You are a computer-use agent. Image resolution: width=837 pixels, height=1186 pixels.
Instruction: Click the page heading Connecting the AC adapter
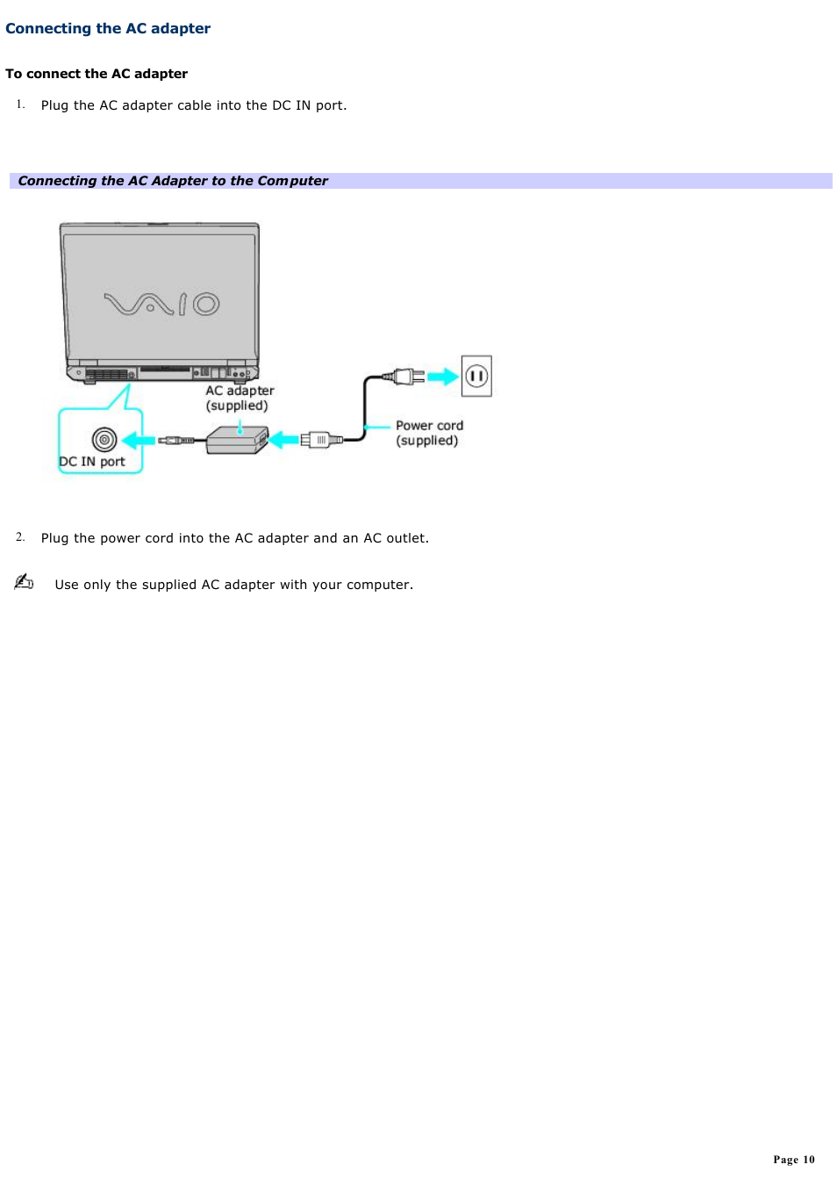[x=108, y=28]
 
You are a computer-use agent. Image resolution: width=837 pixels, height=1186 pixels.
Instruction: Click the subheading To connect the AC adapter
[x=97, y=74]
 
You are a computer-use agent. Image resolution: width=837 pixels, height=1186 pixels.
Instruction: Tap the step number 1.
[x=20, y=104]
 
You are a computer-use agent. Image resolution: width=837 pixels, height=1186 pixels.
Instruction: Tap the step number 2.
[x=20, y=536]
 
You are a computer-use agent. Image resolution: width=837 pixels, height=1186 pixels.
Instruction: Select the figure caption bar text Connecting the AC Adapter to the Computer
[x=173, y=181]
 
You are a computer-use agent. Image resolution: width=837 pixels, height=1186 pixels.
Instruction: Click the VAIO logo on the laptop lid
[x=161, y=304]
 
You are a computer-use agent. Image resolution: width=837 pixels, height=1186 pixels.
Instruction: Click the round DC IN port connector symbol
[x=104, y=439]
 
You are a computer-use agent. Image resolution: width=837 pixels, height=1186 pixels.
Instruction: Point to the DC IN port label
[x=92, y=462]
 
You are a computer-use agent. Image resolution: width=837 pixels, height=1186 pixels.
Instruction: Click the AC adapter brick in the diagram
[x=237, y=439]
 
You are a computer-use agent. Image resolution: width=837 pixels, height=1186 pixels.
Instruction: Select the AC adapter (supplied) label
[x=240, y=398]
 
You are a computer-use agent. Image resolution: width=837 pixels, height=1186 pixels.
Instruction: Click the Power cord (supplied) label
[x=429, y=433]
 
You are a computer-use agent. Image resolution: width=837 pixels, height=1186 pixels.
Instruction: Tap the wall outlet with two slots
[x=476, y=376]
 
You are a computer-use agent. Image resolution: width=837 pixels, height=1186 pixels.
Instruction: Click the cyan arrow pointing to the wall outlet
[x=443, y=377]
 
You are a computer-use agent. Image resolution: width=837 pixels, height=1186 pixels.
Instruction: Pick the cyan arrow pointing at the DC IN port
[x=138, y=440]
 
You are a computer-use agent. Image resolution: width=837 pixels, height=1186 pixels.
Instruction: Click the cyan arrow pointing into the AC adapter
[x=283, y=440]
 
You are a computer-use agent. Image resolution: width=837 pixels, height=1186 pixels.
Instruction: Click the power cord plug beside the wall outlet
[x=404, y=377]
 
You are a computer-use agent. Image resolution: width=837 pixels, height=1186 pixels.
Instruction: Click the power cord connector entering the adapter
[x=317, y=440]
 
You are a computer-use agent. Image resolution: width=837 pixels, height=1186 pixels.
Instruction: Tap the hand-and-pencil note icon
[x=24, y=581]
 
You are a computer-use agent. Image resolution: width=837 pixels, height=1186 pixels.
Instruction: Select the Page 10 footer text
[x=793, y=1160]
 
